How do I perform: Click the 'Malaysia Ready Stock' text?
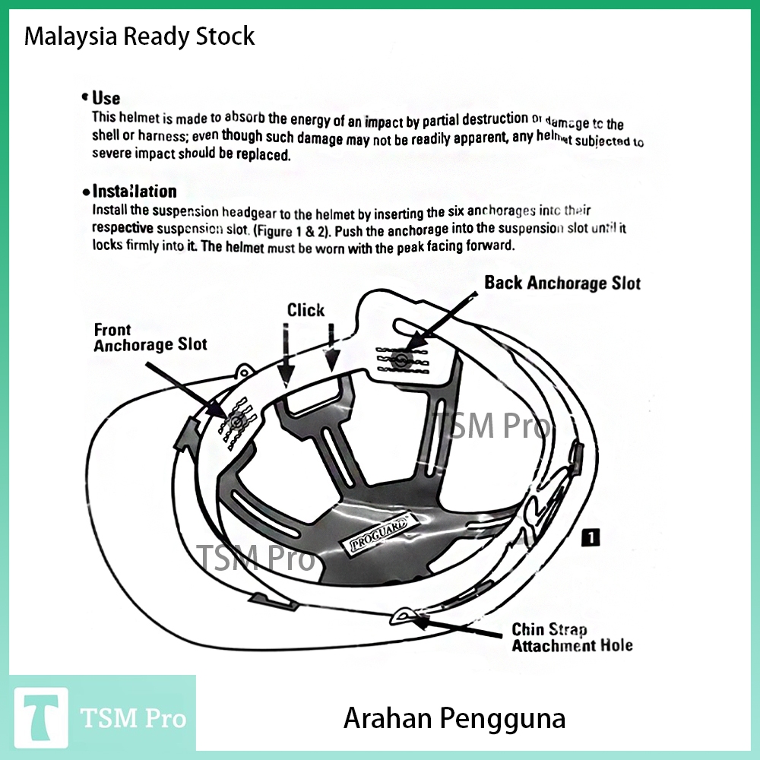coord(139,36)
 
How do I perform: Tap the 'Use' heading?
coord(106,98)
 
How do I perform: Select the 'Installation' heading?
coord(134,192)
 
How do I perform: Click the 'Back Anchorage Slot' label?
coord(562,283)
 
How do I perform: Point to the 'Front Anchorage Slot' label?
coord(150,337)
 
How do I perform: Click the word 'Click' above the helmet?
coord(306,310)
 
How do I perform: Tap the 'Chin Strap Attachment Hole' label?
coord(572,638)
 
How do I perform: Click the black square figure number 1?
coord(591,538)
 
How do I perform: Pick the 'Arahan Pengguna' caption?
coord(454,718)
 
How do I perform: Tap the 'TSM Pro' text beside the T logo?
coord(133,718)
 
